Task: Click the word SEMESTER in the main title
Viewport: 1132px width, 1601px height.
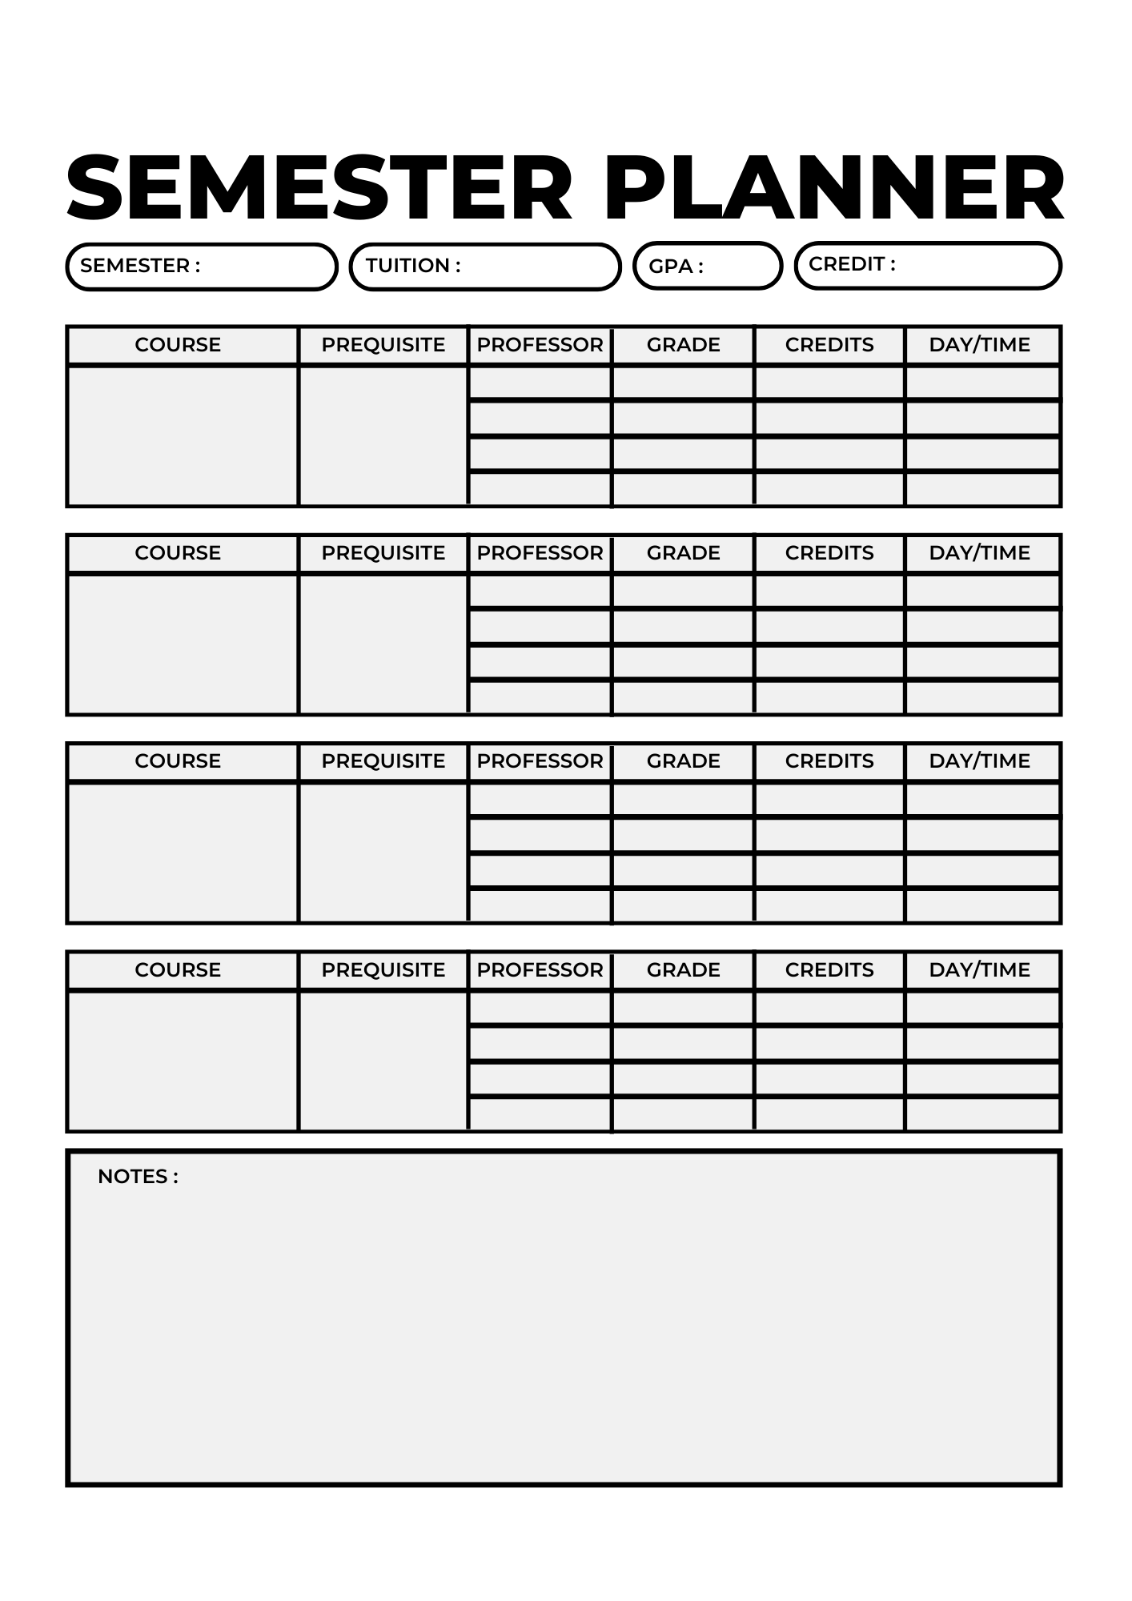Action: pos(319,188)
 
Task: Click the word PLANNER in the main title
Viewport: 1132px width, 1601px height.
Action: pos(834,188)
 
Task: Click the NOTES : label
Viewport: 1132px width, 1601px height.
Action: pos(138,1176)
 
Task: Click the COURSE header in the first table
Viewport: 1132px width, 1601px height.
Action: pos(178,345)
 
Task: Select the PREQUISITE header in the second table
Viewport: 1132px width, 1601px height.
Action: pos(383,553)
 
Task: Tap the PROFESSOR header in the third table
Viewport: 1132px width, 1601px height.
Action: pos(540,761)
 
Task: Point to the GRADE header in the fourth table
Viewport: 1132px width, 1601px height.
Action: pos(683,970)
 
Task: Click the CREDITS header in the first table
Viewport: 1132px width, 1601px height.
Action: pos(829,345)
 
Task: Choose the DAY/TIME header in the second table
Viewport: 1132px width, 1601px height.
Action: pos(979,553)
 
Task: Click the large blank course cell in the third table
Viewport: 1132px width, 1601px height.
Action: pos(183,852)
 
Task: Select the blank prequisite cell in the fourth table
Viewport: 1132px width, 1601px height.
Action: pos(383,1061)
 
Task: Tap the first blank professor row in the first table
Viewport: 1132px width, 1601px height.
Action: pos(540,383)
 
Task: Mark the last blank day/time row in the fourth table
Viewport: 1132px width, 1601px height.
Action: pos(982,1113)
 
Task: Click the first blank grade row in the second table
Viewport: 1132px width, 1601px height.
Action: pos(683,591)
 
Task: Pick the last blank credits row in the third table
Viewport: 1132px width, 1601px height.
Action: pos(829,905)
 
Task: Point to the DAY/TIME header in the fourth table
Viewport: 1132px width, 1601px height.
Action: pos(979,970)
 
